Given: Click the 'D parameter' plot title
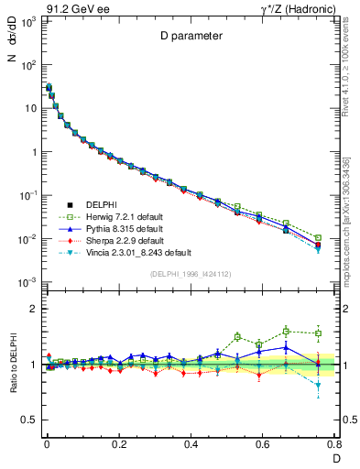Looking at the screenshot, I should click(x=190, y=36).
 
